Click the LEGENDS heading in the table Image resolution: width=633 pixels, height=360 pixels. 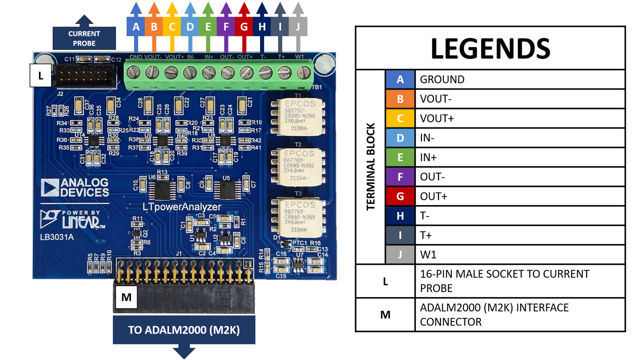pyautogui.click(x=490, y=48)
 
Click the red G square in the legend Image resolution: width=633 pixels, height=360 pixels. pyautogui.click(x=400, y=196)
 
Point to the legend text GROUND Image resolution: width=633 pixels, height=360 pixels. pyautogui.click(x=442, y=79)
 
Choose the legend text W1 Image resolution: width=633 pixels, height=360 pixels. pyautogui.click(x=428, y=254)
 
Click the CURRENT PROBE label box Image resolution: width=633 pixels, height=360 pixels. pyautogui.click(x=84, y=38)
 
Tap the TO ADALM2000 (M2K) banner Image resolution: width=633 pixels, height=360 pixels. pyautogui.click(x=184, y=330)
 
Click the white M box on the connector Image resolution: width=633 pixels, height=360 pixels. pyautogui.click(x=126, y=297)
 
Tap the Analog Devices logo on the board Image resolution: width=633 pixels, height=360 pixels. pyautogui.click(x=75, y=187)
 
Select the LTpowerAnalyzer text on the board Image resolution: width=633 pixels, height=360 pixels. pyautogui.click(x=181, y=206)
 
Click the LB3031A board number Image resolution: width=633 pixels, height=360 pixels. pyautogui.click(x=57, y=237)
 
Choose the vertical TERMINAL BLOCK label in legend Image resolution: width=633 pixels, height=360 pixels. pyautogui.click(x=370, y=166)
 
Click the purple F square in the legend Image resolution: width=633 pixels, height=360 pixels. pyautogui.click(x=400, y=176)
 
